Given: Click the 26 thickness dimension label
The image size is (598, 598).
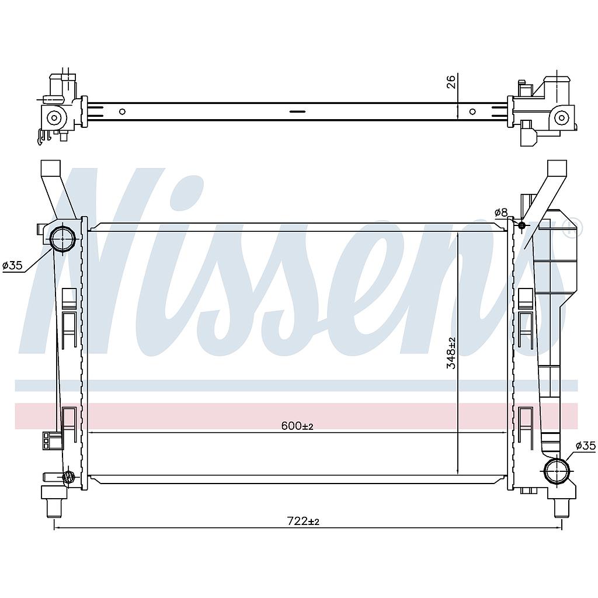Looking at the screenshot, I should click(451, 82).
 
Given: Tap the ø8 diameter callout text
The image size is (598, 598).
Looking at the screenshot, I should click(501, 213).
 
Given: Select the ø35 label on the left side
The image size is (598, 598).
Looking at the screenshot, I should click(12, 266).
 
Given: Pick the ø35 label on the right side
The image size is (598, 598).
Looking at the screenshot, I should click(585, 446).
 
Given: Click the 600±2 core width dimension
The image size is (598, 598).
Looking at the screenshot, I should click(297, 426).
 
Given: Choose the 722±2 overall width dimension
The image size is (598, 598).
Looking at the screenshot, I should click(303, 521).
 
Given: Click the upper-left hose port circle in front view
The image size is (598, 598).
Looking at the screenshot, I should click(62, 238).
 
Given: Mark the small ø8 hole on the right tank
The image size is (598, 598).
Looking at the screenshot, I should click(521, 225).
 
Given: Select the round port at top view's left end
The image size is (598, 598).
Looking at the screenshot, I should click(54, 117).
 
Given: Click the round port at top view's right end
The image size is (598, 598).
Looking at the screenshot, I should click(561, 117).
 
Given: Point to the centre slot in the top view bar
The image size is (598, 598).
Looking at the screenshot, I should click(297, 112).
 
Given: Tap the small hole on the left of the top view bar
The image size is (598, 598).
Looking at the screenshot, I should click(122, 112).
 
